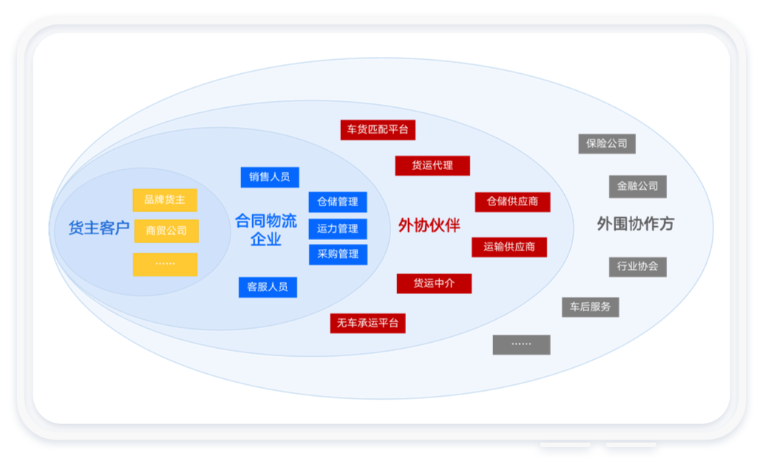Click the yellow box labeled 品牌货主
pyautogui.click(x=165, y=200)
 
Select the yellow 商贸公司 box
pyautogui.click(x=166, y=231)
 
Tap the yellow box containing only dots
pyautogui.click(x=165, y=264)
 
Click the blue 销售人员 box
pyautogui.click(x=270, y=177)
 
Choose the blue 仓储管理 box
pyautogui.click(x=338, y=202)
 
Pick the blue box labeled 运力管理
pyautogui.click(x=338, y=228)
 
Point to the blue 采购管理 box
pyautogui.click(x=338, y=254)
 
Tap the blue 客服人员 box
pyautogui.click(x=268, y=287)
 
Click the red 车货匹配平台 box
pyautogui.click(x=378, y=130)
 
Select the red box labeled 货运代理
pyautogui.click(x=433, y=166)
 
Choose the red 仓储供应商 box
pyautogui.click(x=512, y=202)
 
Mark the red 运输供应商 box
pyautogui.click(x=509, y=247)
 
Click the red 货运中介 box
pyautogui.click(x=434, y=284)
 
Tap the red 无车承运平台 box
pyautogui.click(x=368, y=324)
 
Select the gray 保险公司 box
pyautogui.click(x=607, y=143)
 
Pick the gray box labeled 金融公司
pyautogui.click(x=638, y=186)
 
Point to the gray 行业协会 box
pyautogui.click(x=638, y=267)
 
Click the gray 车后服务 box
pyautogui.click(x=590, y=307)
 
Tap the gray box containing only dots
pyautogui.click(x=522, y=345)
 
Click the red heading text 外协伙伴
pyautogui.click(x=429, y=225)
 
